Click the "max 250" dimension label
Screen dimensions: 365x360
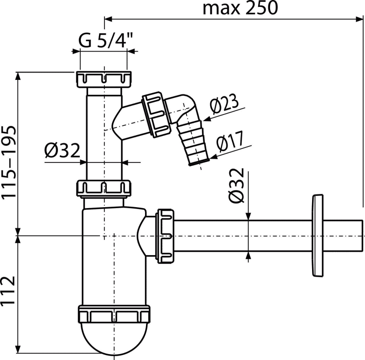pos(240,8)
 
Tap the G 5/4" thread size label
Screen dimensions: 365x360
pos(106,40)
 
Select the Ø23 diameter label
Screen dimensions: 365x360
pos(224,103)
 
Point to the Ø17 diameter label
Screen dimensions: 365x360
pos(229,141)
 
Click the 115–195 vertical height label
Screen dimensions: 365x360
pos(9,162)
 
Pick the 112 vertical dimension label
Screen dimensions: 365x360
pos(8,291)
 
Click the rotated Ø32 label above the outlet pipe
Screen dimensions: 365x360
pos(236,186)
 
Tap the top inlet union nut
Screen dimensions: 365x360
pos(104,79)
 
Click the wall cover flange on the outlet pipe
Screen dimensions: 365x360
pos(318,235)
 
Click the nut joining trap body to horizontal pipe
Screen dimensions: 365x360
pos(166,236)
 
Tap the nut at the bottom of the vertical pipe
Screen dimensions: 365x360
pos(104,188)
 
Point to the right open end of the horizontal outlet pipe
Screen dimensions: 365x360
pos(362,235)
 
